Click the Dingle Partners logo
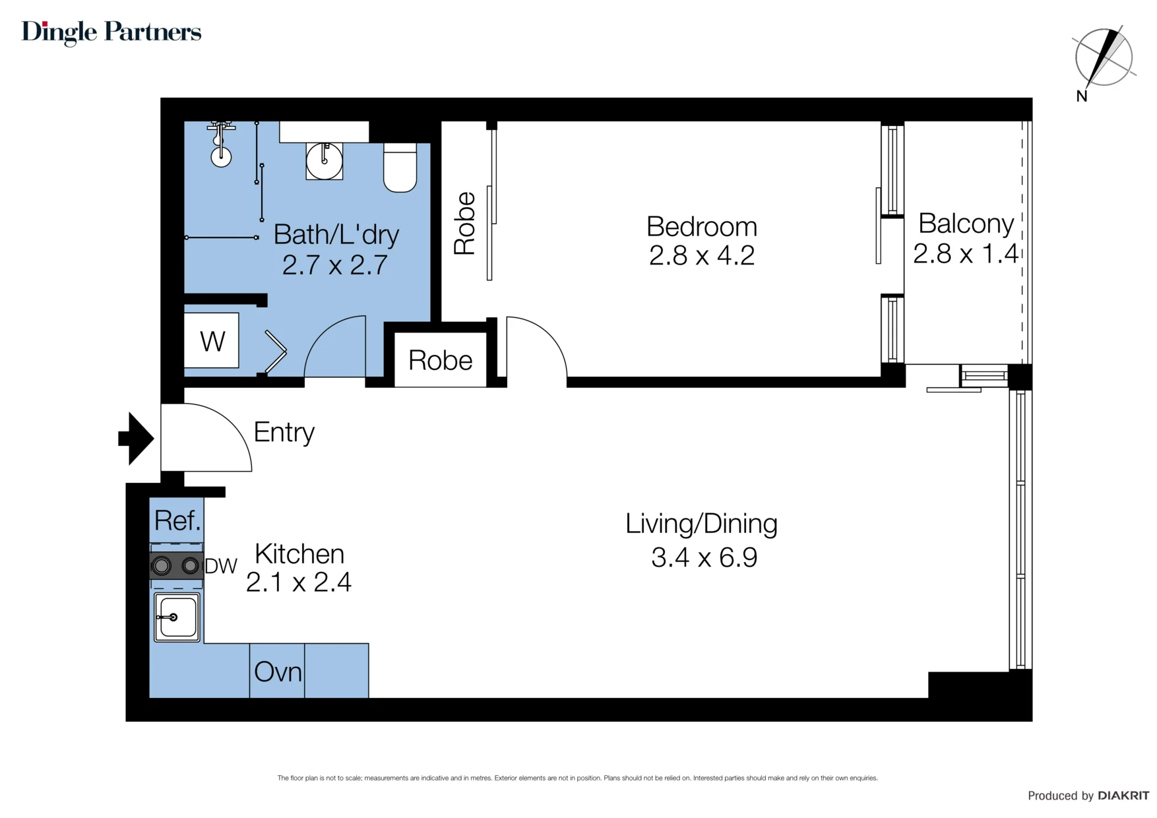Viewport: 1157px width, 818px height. [x=111, y=32]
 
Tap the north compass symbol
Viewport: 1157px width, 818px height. [x=1103, y=59]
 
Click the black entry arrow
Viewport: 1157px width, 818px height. [x=137, y=439]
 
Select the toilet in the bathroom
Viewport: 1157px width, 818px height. [x=400, y=168]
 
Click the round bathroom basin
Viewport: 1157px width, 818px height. [x=324, y=160]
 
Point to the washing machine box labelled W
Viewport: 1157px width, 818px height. [x=212, y=340]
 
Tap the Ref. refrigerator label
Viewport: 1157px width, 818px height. [x=177, y=520]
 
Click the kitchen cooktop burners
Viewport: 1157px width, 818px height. [x=176, y=565]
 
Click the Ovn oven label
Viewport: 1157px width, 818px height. [x=278, y=672]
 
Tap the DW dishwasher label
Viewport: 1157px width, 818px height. [x=221, y=566]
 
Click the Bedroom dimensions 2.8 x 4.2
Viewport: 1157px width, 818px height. [x=702, y=255]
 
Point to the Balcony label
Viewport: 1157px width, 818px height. [x=966, y=224]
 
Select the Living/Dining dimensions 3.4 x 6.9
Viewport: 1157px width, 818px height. [x=704, y=557]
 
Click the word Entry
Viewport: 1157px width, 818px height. [x=284, y=433]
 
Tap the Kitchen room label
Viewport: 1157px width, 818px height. [x=299, y=554]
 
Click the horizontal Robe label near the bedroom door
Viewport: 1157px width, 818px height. [x=441, y=360]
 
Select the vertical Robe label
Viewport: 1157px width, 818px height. [x=464, y=223]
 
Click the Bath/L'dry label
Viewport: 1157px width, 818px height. [x=336, y=235]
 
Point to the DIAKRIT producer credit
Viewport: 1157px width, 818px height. [x=1088, y=796]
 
